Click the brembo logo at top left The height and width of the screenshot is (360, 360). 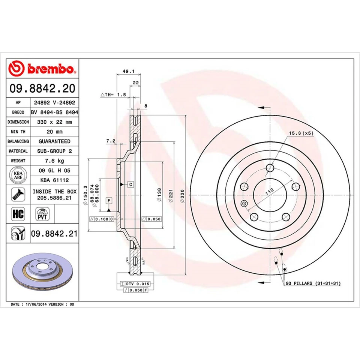tap(42, 69)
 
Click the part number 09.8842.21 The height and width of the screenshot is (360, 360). tap(54, 234)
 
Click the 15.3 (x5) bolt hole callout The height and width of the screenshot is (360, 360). tap(300, 133)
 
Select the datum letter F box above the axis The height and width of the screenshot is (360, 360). tap(109, 200)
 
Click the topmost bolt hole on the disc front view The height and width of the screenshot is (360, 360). tap(270, 168)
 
